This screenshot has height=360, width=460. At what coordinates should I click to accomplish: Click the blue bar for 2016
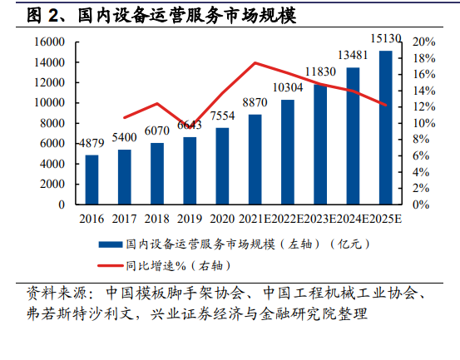click(x=92, y=180)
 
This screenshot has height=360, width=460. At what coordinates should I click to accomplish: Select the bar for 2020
click(x=222, y=166)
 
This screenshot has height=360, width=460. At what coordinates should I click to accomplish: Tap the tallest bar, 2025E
click(x=386, y=127)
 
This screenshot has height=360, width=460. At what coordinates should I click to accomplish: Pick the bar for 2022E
click(x=288, y=152)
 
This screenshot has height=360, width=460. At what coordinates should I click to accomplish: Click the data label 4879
click(x=92, y=143)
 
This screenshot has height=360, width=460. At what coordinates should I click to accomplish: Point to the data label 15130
click(x=386, y=38)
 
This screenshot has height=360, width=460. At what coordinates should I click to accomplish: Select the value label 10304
click(x=288, y=87)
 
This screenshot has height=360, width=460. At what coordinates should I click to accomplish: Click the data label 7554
click(x=222, y=116)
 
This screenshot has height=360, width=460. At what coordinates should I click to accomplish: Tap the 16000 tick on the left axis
click(x=49, y=42)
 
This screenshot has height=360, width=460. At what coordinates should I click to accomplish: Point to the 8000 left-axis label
click(x=52, y=123)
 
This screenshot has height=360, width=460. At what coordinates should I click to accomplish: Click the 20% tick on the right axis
click(x=424, y=42)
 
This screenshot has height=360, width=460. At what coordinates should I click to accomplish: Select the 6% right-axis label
click(x=421, y=155)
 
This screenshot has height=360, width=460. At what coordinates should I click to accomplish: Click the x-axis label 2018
click(x=157, y=219)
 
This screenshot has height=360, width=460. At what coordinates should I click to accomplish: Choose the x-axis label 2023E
click(x=320, y=219)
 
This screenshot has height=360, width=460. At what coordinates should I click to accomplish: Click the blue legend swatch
click(x=111, y=244)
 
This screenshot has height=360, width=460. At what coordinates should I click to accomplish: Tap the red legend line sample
click(x=111, y=266)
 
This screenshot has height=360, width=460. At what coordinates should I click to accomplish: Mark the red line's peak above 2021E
click(x=255, y=62)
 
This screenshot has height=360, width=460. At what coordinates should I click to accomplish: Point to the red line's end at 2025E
click(x=385, y=105)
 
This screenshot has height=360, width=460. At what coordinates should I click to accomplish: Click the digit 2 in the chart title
click(x=53, y=15)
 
